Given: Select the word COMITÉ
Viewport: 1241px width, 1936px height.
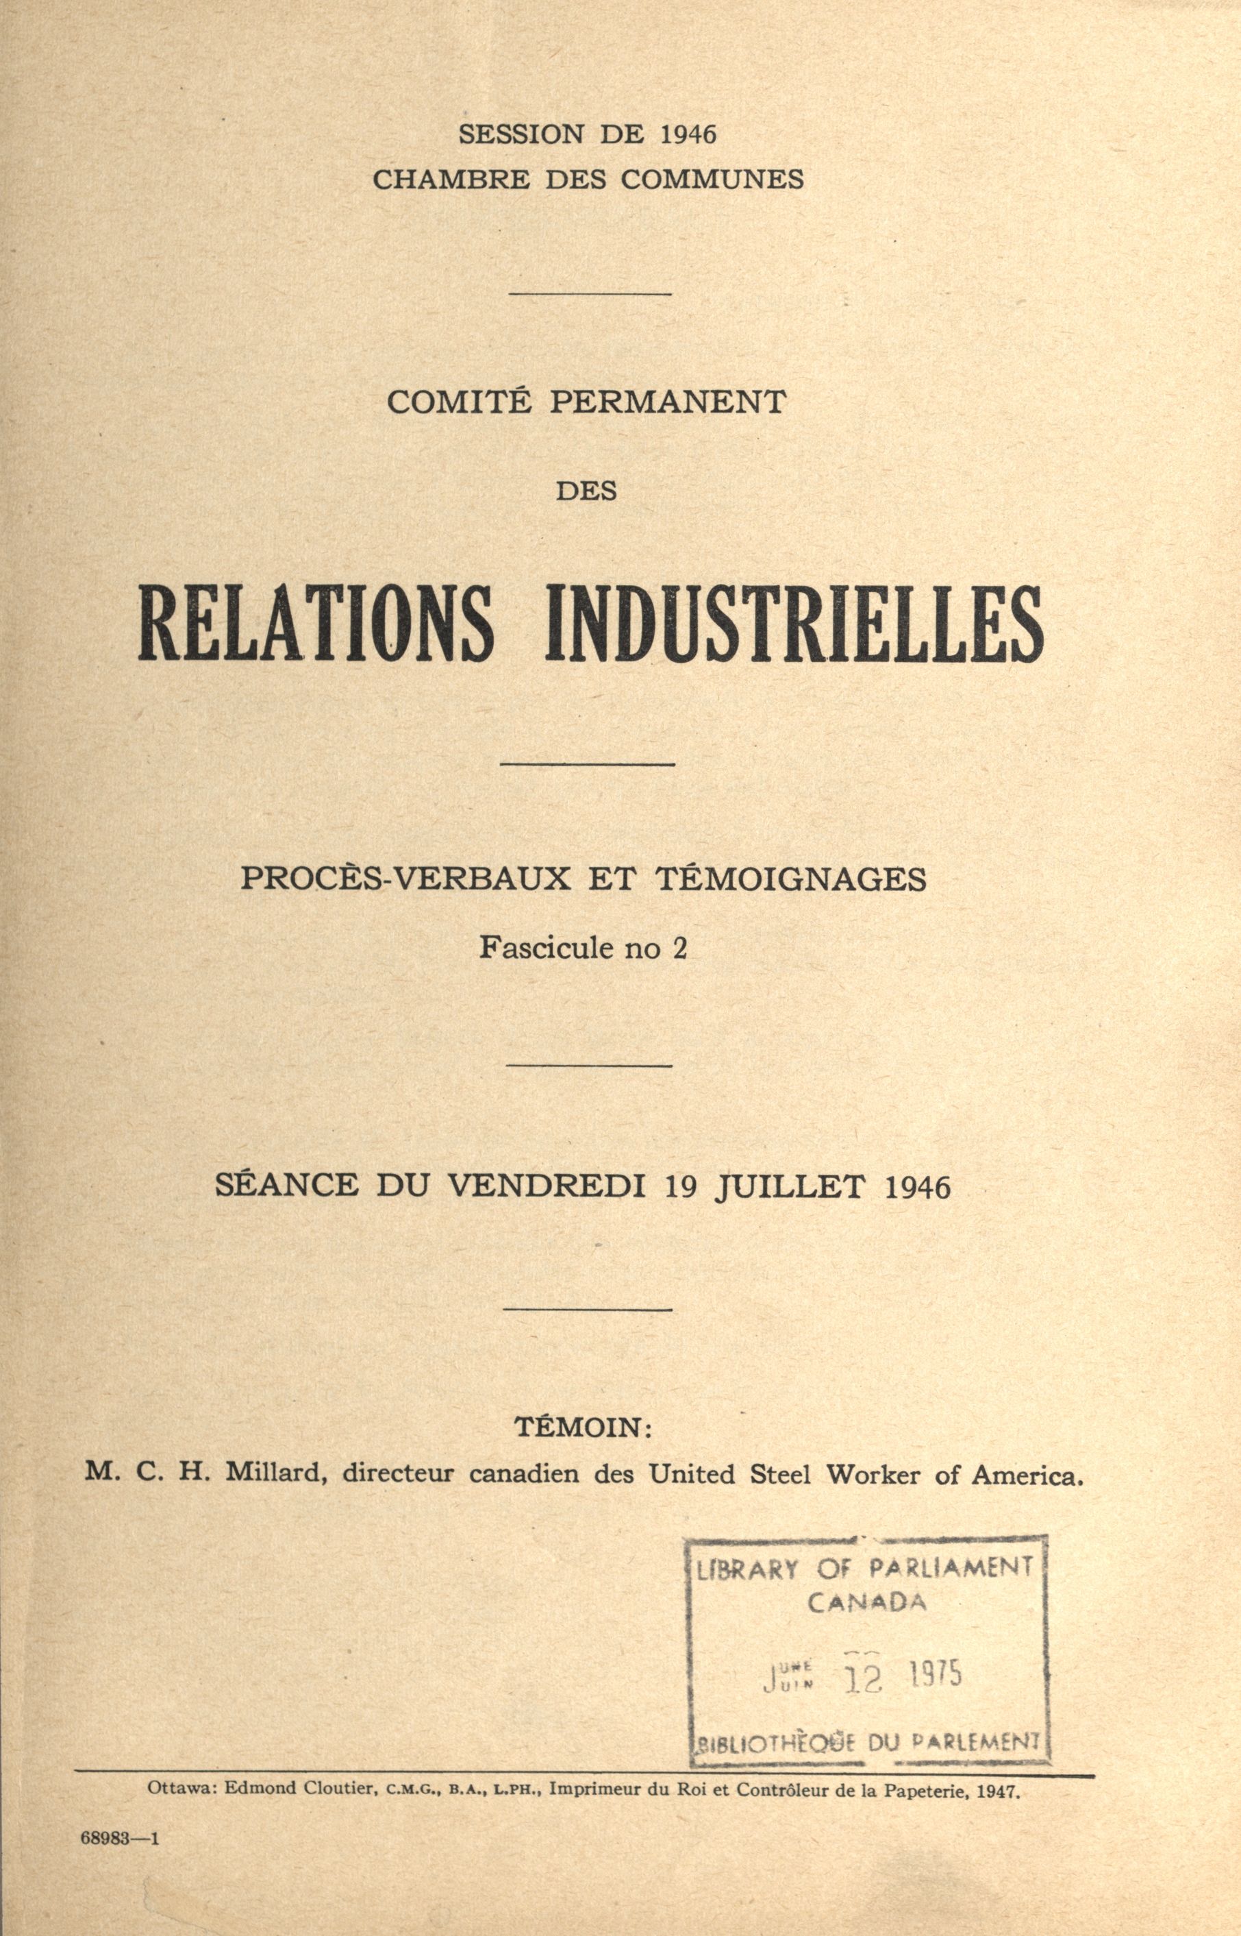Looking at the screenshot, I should [x=460, y=402].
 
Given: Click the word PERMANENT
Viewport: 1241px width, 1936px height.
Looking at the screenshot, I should [x=667, y=402].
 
